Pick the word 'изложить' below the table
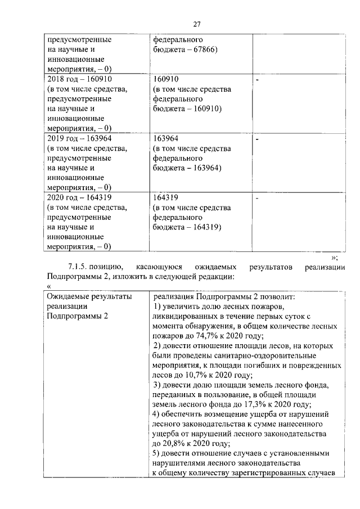(x=128, y=277)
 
